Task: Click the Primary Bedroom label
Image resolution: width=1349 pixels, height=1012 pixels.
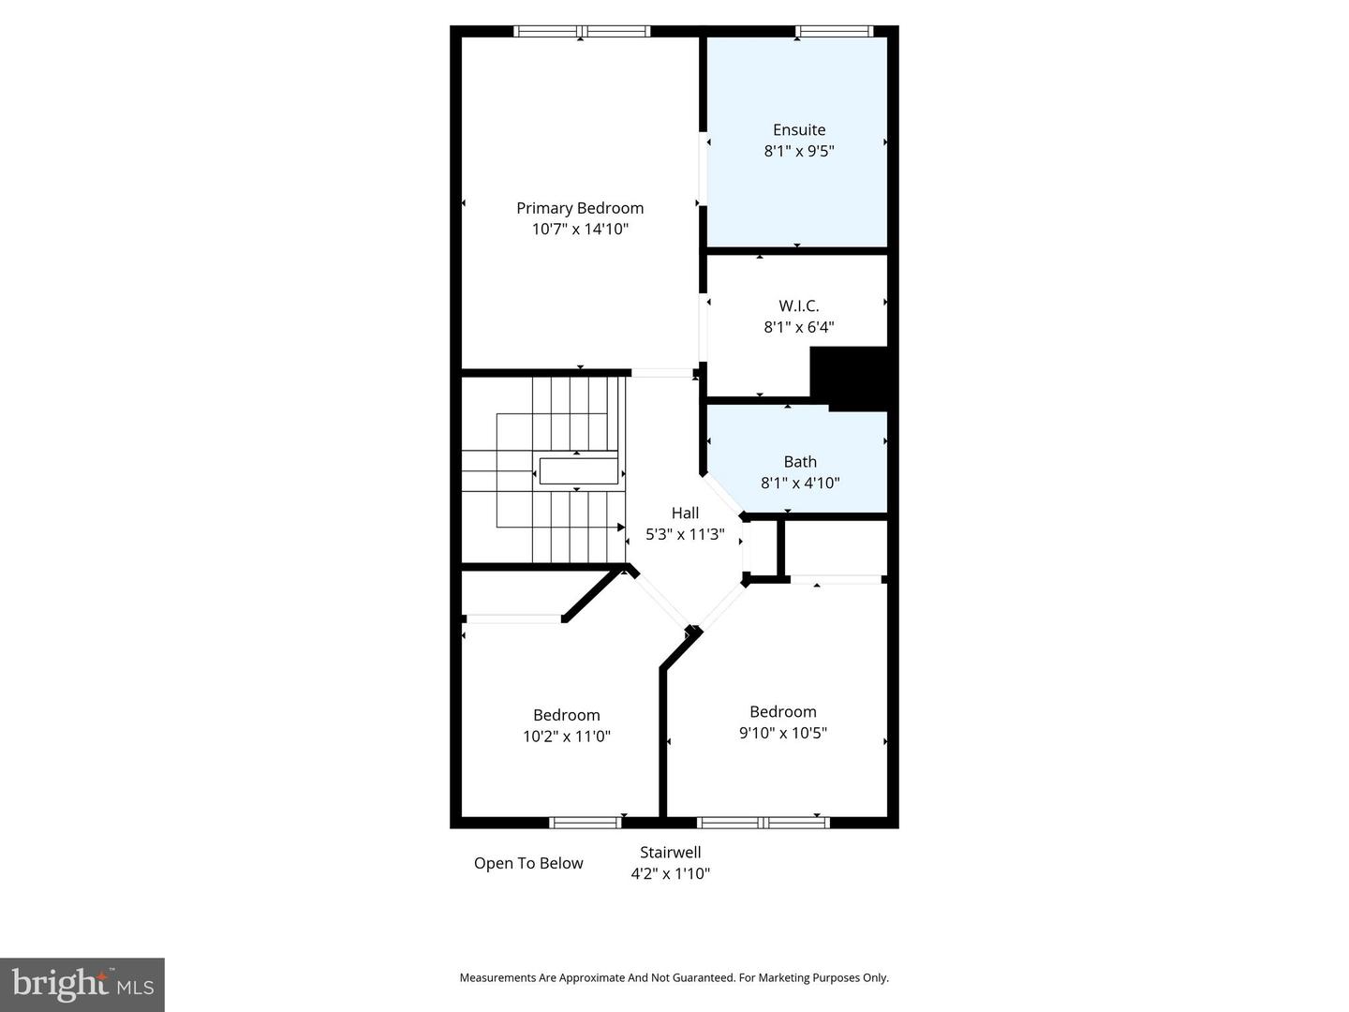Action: click(x=580, y=208)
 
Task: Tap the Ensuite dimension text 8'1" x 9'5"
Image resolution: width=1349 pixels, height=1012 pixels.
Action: click(x=798, y=151)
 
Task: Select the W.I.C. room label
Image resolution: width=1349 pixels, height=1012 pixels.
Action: click(x=798, y=305)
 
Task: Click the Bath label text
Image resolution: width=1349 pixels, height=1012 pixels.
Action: click(x=800, y=461)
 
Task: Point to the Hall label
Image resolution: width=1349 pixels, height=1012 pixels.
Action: click(x=685, y=513)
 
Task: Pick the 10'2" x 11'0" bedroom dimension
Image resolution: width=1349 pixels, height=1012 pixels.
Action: click(x=566, y=737)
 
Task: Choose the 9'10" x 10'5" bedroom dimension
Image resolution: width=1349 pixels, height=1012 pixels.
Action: click(x=782, y=733)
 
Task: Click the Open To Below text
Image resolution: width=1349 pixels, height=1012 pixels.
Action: click(x=528, y=863)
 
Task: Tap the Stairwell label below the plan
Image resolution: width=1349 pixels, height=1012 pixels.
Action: click(x=670, y=852)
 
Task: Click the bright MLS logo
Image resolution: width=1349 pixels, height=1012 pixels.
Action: click(x=82, y=984)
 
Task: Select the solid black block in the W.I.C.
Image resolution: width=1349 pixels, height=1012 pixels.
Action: click(x=848, y=378)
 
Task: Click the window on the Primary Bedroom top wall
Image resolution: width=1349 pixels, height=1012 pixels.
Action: click(x=582, y=31)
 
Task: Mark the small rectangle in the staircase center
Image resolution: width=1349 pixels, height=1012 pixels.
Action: click(x=578, y=470)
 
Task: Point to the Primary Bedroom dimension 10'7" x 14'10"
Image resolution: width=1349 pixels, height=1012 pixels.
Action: click(x=580, y=229)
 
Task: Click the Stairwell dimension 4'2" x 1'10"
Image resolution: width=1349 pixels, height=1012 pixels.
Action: click(x=670, y=873)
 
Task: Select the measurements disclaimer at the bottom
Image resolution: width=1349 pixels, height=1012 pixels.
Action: click(x=674, y=977)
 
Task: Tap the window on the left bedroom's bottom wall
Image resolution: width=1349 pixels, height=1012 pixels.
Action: click(x=585, y=823)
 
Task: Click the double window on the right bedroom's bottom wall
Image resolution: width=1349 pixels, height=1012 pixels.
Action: click(x=763, y=823)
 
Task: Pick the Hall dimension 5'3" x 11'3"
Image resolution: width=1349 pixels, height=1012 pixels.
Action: click(x=685, y=534)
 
